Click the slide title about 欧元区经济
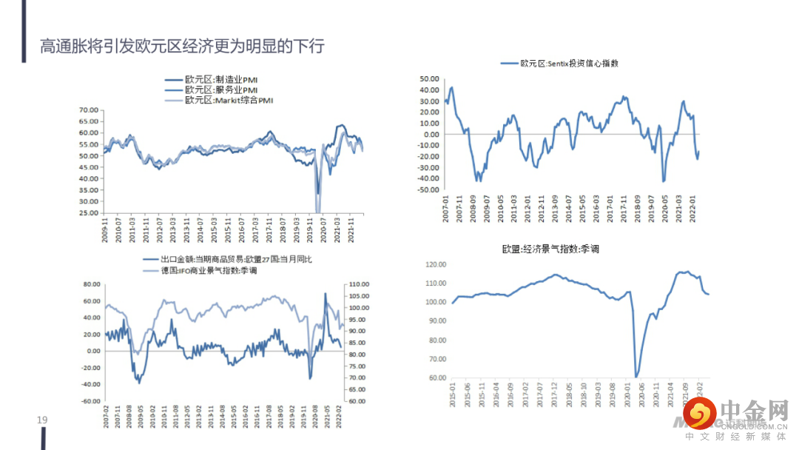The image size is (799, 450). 182,47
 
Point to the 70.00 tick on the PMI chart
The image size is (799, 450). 88,110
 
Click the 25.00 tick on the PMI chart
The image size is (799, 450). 88,213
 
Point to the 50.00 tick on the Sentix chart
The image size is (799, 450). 430,78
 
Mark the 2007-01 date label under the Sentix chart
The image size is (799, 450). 445,206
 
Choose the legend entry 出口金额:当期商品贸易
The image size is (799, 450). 237,260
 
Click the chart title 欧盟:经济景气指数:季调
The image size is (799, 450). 550,249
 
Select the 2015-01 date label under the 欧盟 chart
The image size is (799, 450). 453,393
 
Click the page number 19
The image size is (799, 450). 42,420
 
